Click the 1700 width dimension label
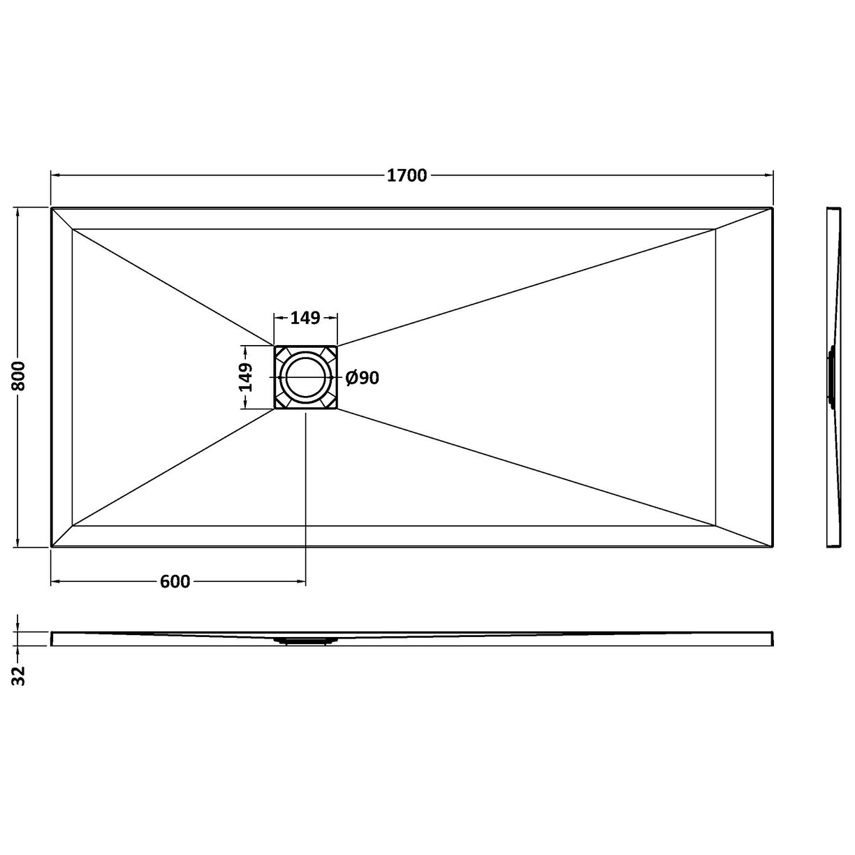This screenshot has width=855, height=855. tap(407, 176)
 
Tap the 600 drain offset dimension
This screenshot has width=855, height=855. tap(175, 582)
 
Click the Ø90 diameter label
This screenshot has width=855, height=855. tap(363, 378)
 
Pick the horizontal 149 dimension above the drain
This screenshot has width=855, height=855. tap(305, 318)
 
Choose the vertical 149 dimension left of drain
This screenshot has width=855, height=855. tap(245, 377)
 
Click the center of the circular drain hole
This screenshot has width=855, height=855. tap(305, 377)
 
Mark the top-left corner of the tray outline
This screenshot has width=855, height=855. tap(52, 207)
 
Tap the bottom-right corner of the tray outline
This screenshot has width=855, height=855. tap(773, 546)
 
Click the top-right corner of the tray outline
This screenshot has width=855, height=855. tap(773, 207)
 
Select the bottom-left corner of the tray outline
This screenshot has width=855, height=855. tap(52, 546)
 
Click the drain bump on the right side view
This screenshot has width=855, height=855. tap(831, 377)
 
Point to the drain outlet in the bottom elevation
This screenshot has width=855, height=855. tap(305, 638)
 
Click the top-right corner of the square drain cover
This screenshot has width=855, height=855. tap(337, 346)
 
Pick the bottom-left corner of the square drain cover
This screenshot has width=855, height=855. tap(275, 408)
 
